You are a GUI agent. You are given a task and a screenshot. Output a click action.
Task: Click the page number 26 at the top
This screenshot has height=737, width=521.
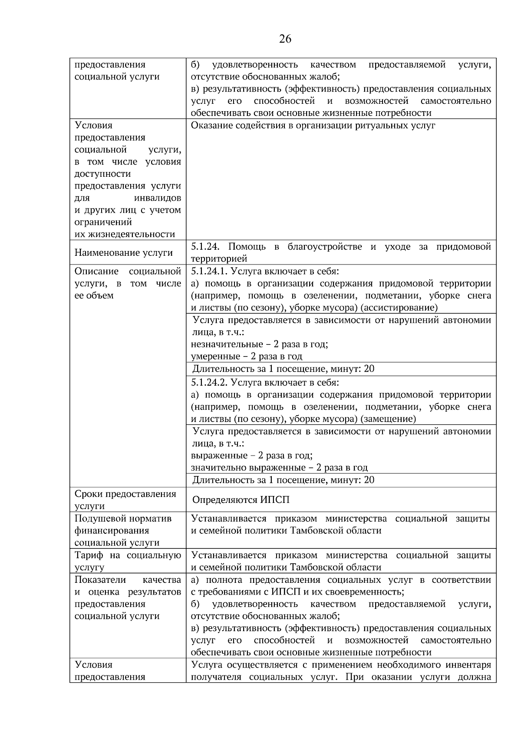click(x=285, y=39)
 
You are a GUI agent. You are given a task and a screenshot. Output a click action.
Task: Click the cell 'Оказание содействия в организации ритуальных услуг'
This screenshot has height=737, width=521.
click(x=313, y=126)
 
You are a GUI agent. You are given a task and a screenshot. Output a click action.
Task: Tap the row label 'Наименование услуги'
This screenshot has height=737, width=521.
click(x=123, y=253)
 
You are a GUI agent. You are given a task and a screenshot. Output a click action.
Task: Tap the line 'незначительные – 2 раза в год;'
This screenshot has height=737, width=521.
click(x=259, y=344)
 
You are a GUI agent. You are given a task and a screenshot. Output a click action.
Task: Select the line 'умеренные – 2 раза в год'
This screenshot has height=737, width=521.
click(x=246, y=357)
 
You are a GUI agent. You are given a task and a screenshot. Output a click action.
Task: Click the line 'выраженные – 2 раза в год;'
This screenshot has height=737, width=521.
click(x=251, y=456)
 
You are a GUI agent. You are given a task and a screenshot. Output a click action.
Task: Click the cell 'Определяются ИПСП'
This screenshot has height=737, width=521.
click(x=241, y=500)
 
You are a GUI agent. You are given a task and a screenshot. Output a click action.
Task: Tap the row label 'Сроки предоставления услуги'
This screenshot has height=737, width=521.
click(x=125, y=500)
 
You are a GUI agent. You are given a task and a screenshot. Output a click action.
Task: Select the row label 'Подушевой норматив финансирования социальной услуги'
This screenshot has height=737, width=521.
click(x=123, y=530)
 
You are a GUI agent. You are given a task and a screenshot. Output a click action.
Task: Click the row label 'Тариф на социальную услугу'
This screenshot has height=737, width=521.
click(x=127, y=561)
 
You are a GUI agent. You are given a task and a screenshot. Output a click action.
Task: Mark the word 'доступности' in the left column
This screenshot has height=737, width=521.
click(x=102, y=174)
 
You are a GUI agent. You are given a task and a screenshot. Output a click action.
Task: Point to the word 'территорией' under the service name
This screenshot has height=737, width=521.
click(x=219, y=259)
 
